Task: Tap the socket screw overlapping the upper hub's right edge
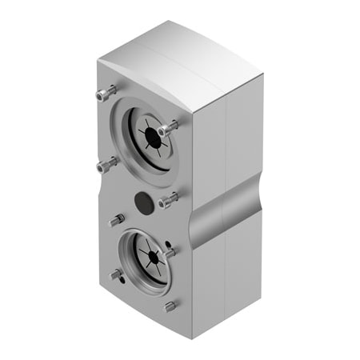pyautogui.click(x=168, y=128)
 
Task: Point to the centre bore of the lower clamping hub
pyautogui.click(x=147, y=256)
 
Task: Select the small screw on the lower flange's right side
pyautogui.click(x=169, y=253)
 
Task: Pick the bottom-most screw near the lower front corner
pyautogui.click(x=170, y=306)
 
